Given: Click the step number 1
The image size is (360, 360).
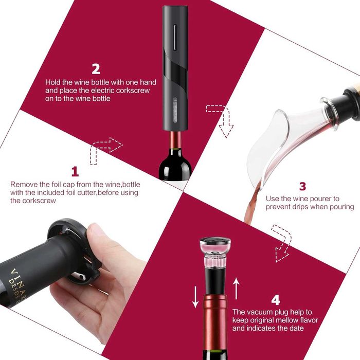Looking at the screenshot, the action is tap(75, 172).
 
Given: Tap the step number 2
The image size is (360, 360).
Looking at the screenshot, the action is tap(96, 68).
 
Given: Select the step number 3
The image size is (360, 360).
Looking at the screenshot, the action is tap(302, 186).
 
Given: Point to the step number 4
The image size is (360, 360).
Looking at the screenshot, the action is tap(276, 300).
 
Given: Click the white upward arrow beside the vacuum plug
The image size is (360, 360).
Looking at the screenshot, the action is tap(236, 289).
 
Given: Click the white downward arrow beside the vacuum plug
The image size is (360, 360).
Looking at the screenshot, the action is tap(195, 297).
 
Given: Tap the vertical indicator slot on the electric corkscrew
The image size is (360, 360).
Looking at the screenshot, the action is tap(175, 37).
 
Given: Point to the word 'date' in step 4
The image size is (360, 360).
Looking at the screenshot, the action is tap(296, 328).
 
